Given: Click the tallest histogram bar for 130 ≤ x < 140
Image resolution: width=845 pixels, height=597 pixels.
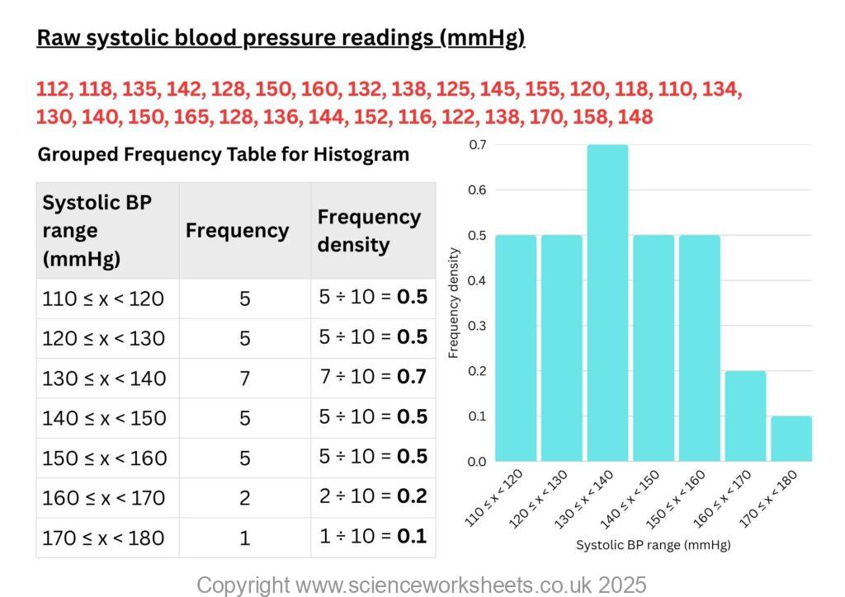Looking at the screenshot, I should coord(607,303).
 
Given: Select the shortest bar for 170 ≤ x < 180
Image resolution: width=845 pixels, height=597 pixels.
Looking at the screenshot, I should coord(791,439).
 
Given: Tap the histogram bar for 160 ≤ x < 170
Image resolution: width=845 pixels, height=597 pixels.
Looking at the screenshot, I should coord(745,416).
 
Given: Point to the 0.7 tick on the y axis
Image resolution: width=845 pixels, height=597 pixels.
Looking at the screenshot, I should coord(478,145).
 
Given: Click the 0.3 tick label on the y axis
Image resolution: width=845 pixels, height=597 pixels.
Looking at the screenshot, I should coord(478,326).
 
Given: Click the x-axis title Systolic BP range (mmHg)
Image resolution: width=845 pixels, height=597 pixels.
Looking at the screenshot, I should coord(653,545).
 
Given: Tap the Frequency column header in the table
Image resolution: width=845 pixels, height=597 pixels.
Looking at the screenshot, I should coord(237,231).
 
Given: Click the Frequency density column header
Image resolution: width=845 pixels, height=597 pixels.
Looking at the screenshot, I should coord(369,231).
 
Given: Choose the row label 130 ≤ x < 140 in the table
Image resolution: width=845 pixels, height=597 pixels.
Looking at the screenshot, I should coord(104,378).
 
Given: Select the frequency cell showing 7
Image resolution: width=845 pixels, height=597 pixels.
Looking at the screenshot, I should coord(244,378).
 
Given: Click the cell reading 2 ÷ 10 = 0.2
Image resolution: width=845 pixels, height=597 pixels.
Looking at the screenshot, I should coord(372,497).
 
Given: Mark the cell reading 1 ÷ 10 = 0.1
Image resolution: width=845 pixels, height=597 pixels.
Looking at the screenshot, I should coord(372,537).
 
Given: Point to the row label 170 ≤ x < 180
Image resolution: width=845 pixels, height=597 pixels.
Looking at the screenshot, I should coord(104,538).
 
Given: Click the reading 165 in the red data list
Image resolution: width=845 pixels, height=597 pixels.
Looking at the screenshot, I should coord(191,117).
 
